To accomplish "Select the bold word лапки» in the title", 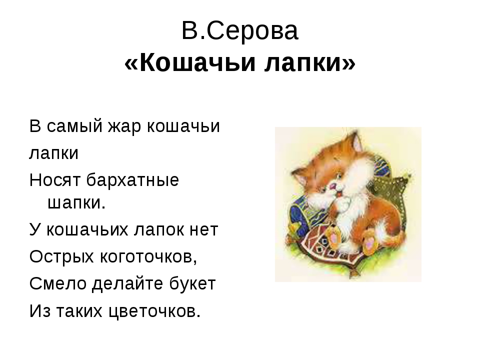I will point(313,64).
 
